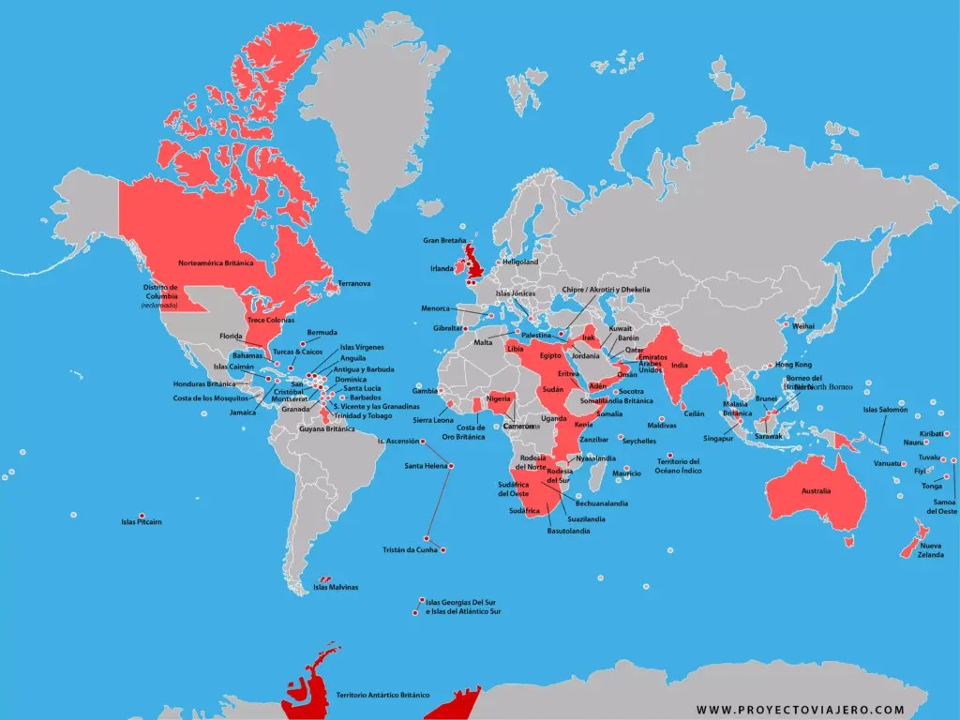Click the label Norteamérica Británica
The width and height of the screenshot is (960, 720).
[216, 263]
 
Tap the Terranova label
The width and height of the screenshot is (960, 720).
[354, 283]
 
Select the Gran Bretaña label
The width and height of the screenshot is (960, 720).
[444, 241]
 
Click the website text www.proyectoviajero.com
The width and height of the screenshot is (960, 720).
[800, 710]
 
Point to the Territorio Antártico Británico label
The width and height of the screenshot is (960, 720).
[382, 695]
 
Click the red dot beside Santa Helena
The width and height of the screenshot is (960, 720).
[452, 466]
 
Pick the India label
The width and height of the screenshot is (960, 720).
[682, 366]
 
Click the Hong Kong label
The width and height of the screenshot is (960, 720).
[793, 365]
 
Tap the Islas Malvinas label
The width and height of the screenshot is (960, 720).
[336, 588]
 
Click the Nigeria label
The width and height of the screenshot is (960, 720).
[498, 397]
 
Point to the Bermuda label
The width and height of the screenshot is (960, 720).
[322, 332]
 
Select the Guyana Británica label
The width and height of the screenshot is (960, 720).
[326, 428]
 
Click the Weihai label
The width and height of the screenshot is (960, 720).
[803, 325]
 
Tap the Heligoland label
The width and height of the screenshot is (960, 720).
[520, 262]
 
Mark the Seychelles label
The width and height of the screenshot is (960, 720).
[639, 441]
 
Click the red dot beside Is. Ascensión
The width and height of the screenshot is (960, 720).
[422, 441]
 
